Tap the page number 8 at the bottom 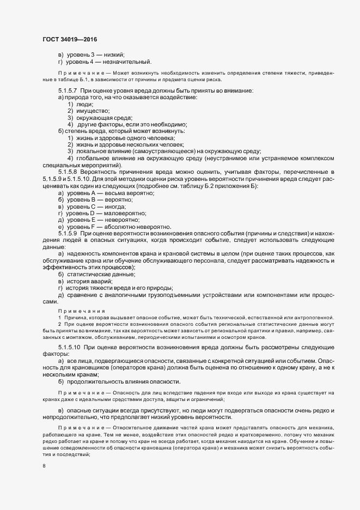[x=44, y=466]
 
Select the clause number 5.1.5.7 [x=68, y=90]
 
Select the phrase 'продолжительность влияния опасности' [x=123, y=381]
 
